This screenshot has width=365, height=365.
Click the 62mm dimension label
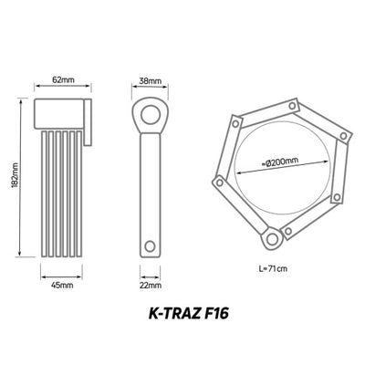coord(63,79)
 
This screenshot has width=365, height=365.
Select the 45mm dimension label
coord(62,286)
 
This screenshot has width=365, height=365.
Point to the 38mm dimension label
coord(150,81)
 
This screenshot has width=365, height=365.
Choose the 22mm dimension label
coord(150,286)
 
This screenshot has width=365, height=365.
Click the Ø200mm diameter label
coord(280,162)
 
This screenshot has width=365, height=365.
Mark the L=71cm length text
coord(273,268)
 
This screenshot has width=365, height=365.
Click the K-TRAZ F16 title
coord(189,314)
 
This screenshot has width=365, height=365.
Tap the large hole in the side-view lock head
coord(150,115)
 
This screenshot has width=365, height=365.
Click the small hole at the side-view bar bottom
coord(150,245)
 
